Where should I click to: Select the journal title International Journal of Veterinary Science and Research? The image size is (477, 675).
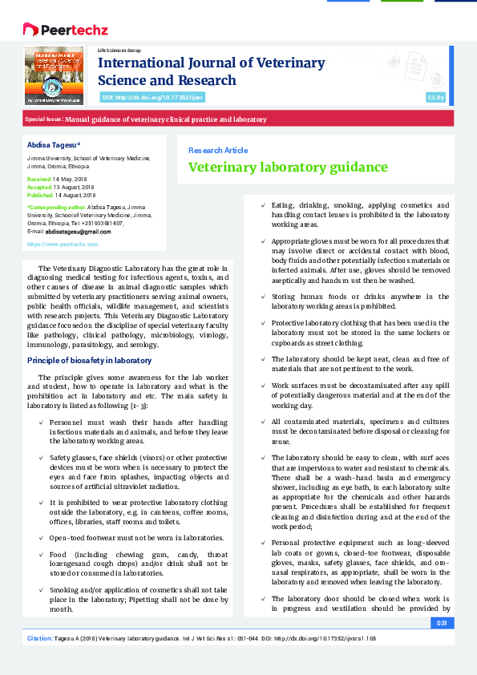tap(211, 71)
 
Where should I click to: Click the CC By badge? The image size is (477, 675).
tap(435, 97)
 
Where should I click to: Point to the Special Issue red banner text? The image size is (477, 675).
tap(145, 119)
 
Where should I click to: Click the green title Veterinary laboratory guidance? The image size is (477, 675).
tap(287, 168)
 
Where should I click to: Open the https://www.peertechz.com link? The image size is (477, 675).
tap(62, 244)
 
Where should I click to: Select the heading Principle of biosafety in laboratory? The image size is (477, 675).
tap(89, 360)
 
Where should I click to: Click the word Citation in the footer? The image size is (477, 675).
tap(39, 638)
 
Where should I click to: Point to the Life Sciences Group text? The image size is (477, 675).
tap(119, 50)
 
